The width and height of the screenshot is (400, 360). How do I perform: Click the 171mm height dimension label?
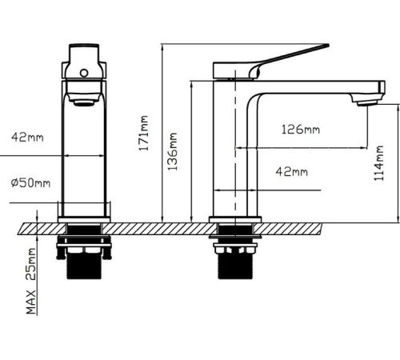click(143, 133)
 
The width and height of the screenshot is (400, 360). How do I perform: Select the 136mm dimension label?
click(172, 151)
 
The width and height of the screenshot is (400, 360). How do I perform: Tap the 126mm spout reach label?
click(301, 130)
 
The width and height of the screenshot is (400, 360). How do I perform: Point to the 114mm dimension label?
click(378, 163)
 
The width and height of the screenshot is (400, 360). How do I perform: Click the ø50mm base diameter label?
click(30, 183)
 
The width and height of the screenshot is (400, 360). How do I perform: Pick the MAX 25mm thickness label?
click(31, 281)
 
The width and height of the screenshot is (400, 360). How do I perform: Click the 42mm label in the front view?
click(27, 138)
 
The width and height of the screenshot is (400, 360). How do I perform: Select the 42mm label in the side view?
click(291, 171)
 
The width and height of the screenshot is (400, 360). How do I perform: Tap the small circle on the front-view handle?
click(84, 73)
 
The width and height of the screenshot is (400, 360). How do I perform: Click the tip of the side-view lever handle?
click(328, 46)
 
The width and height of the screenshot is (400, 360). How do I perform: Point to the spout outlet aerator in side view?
click(367, 103)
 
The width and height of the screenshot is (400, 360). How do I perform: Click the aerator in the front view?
click(84, 102)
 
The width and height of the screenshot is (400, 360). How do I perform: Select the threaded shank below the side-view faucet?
click(235, 266)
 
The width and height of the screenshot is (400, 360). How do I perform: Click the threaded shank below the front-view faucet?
click(84, 266)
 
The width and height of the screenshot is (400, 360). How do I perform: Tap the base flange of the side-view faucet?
click(235, 220)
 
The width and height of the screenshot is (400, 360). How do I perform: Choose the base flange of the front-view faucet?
click(84, 220)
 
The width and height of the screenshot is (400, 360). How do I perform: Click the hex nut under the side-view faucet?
click(235, 250)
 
